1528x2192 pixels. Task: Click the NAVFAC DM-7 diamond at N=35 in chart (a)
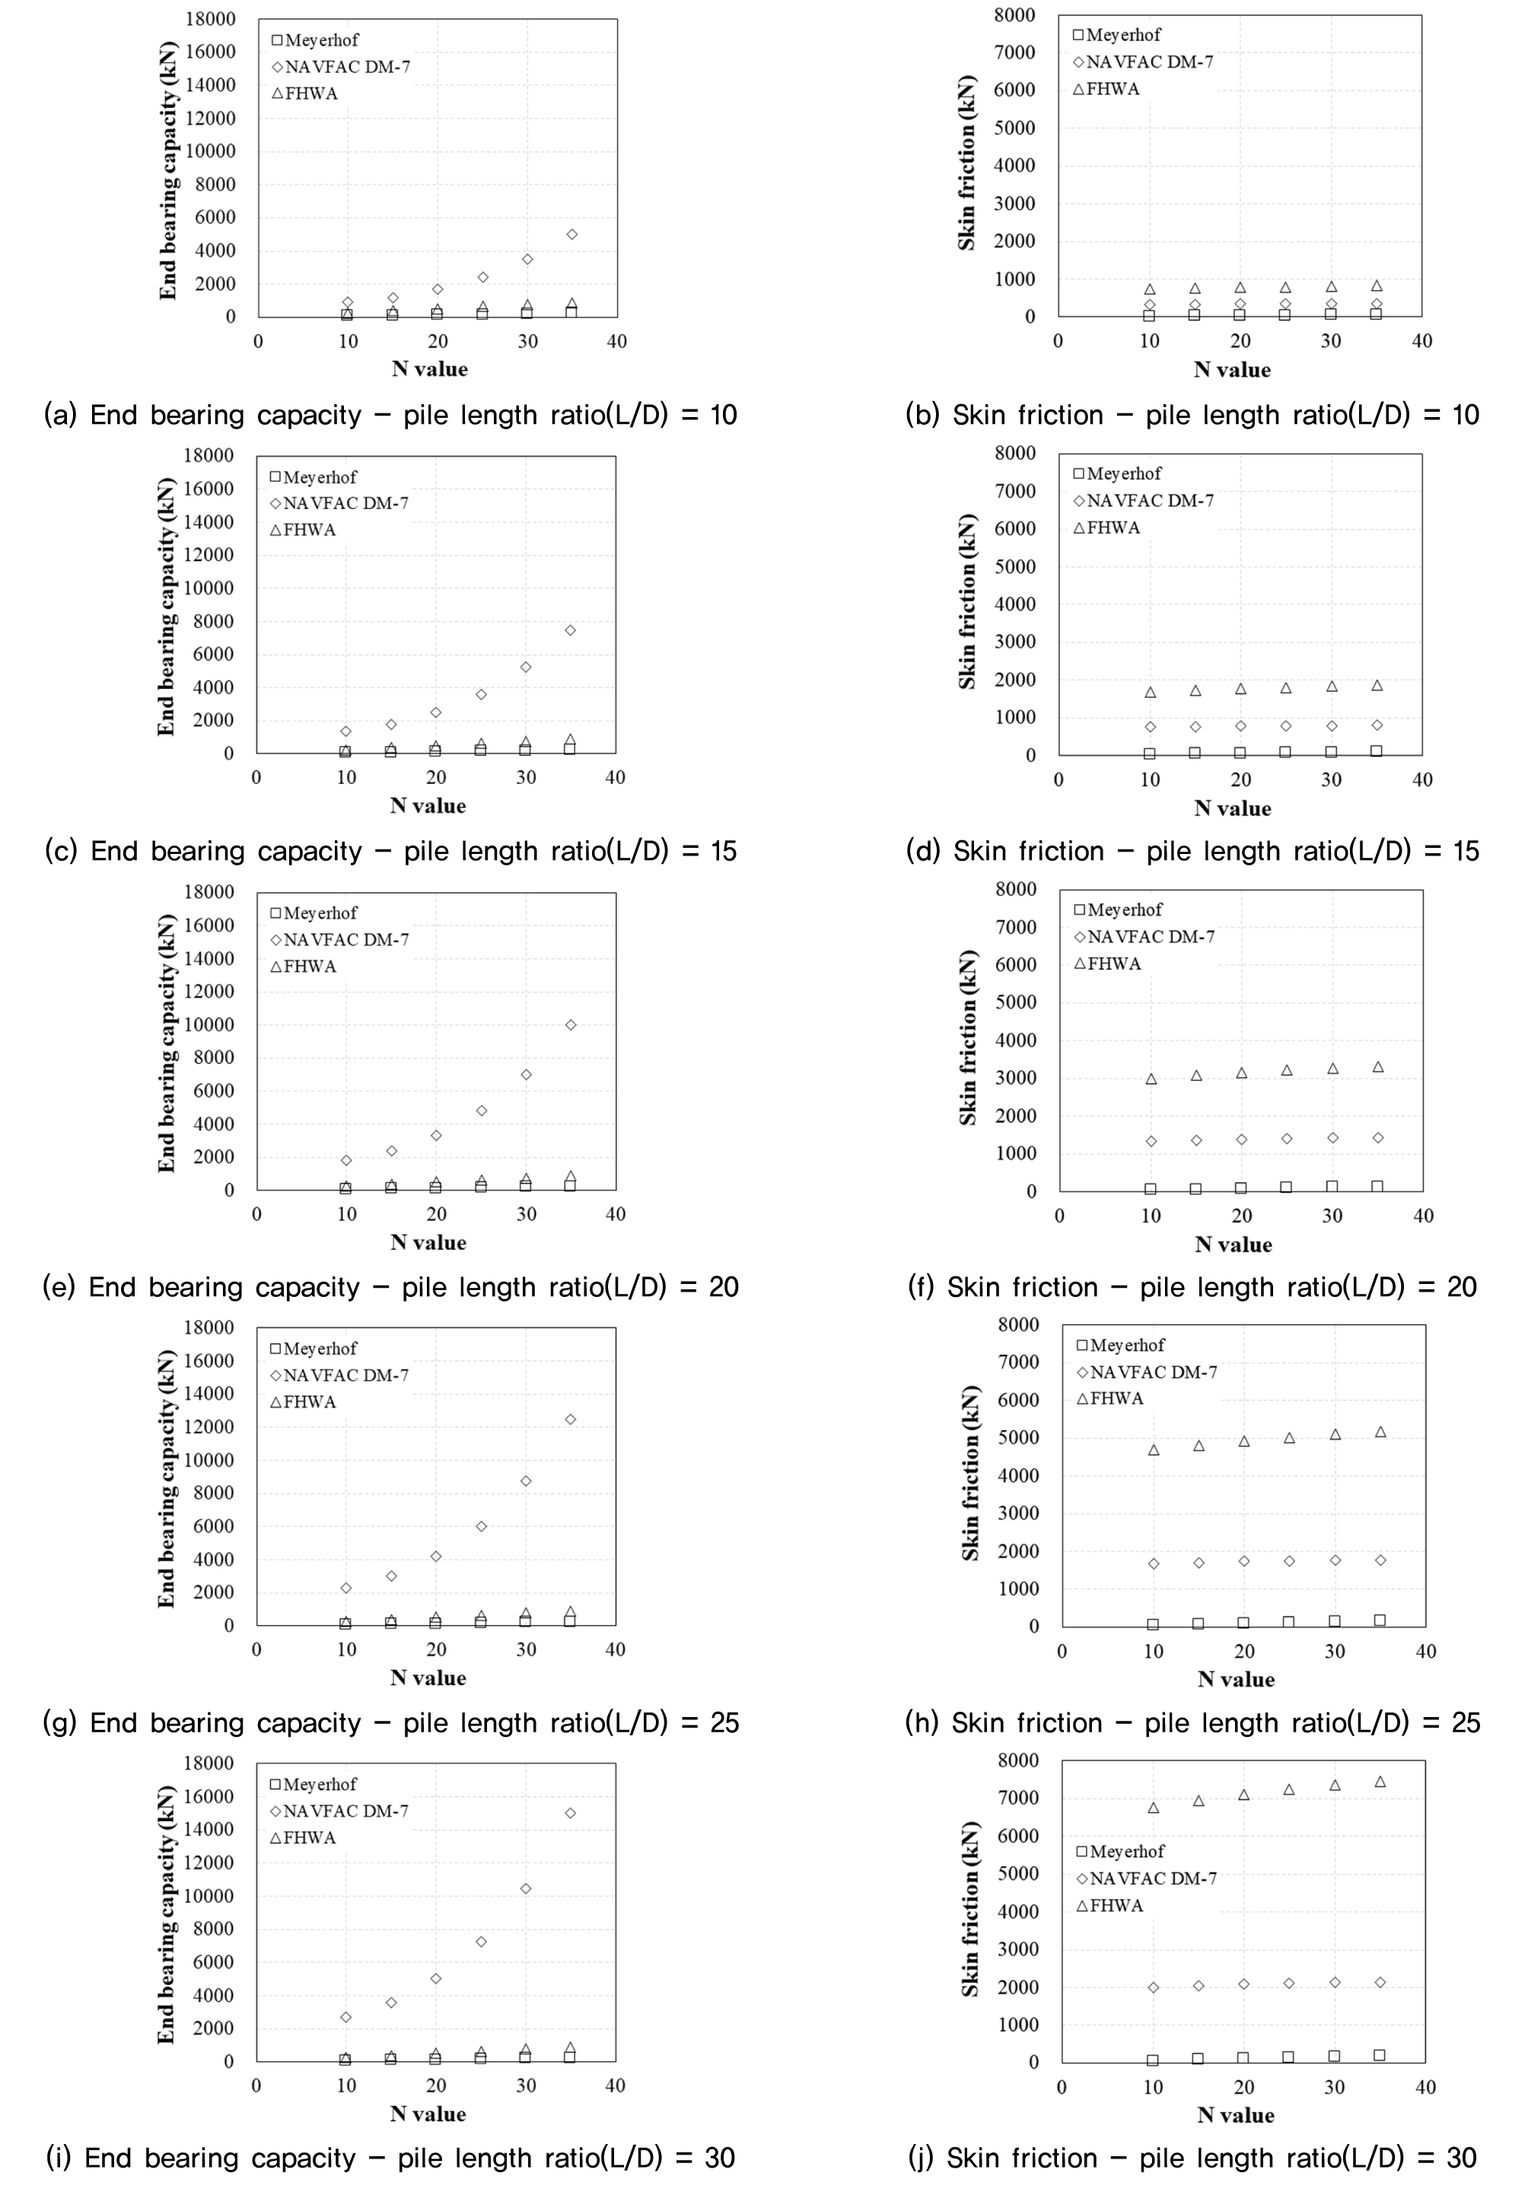pyautogui.click(x=571, y=234)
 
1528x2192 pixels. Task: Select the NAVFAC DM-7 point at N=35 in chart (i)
pyautogui.click(x=571, y=1813)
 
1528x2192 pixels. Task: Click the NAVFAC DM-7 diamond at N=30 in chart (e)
pyautogui.click(x=526, y=1074)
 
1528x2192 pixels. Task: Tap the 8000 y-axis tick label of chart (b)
pyautogui.click(x=1014, y=14)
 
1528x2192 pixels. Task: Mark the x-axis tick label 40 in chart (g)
pyautogui.click(x=616, y=1650)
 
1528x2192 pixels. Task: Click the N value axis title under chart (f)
pyautogui.click(x=1233, y=1245)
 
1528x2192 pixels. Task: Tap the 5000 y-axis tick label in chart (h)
pyautogui.click(x=1018, y=1438)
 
